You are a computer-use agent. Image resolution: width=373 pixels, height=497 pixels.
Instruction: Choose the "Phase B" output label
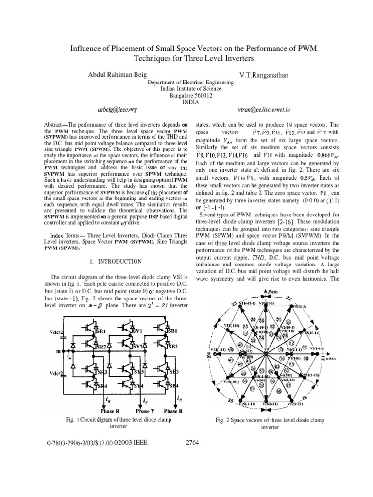pos(173,411)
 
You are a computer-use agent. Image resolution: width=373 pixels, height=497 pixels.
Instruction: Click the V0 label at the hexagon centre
pos(266,349)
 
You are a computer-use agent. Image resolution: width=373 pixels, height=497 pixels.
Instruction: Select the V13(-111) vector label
pos(217,349)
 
